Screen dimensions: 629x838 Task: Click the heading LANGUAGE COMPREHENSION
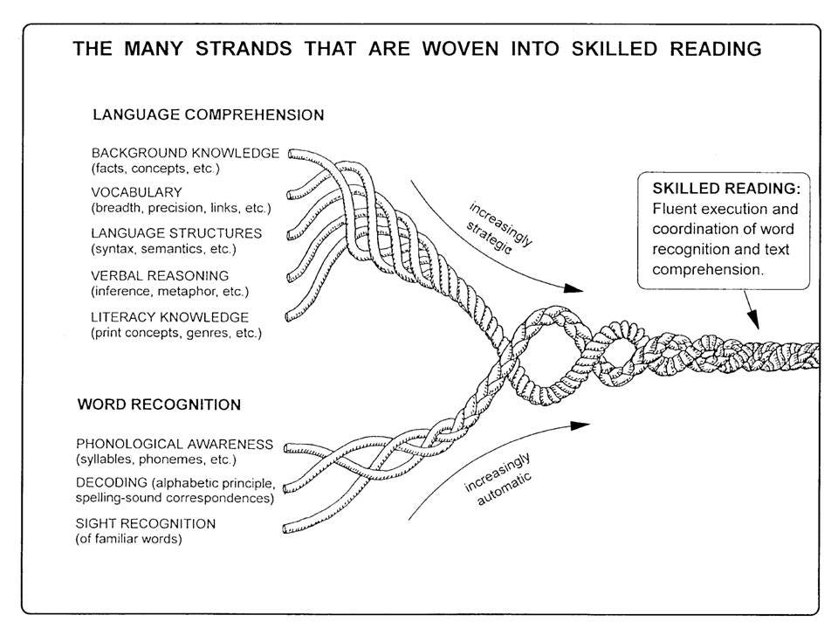[x=208, y=115]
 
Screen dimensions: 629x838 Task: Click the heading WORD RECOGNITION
[x=160, y=405]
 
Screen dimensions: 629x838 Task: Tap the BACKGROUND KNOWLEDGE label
[x=185, y=153]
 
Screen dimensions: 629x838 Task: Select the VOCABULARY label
[x=136, y=192]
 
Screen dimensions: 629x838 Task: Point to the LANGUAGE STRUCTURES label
[x=176, y=233]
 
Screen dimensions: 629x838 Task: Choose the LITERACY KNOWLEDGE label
[x=170, y=317]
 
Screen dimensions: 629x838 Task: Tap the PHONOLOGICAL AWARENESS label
[x=186, y=444]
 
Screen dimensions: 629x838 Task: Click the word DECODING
[x=123, y=484]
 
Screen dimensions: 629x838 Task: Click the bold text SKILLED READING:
[x=725, y=190]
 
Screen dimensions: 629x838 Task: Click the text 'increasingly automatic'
[x=498, y=483]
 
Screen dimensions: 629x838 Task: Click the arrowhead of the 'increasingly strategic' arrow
[x=574, y=287]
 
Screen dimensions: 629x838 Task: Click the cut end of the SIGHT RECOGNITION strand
[x=287, y=527]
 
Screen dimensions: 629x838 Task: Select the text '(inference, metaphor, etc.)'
[x=169, y=291]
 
